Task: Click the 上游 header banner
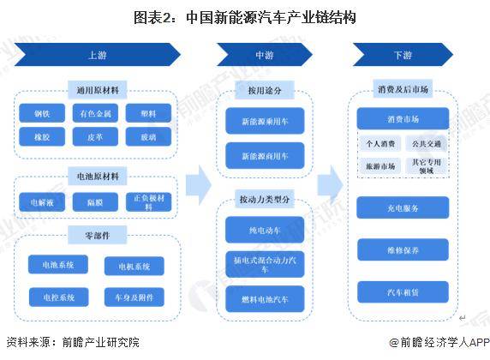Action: tap(98, 55)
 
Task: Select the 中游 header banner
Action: tap(265, 55)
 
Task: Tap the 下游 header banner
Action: tap(403, 55)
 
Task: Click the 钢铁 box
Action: tap(42, 113)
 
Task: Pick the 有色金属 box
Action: tap(95, 113)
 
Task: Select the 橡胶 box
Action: tap(42, 136)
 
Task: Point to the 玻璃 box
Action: tap(148, 136)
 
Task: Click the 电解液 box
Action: tap(42, 202)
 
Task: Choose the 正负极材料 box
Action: tap(148, 202)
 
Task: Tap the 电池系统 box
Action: tap(58, 265)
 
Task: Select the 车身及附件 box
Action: tap(134, 297)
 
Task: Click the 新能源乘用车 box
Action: tap(265, 121)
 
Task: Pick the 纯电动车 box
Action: tap(265, 230)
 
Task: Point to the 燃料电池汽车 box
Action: tap(265, 299)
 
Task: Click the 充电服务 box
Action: tap(403, 207)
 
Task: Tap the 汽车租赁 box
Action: tap(403, 292)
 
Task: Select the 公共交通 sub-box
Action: tap(427, 143)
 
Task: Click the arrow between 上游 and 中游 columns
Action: tap(199, 185)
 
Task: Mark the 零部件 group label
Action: tap(98, 235)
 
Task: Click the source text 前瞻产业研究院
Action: tap(100, 342)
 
